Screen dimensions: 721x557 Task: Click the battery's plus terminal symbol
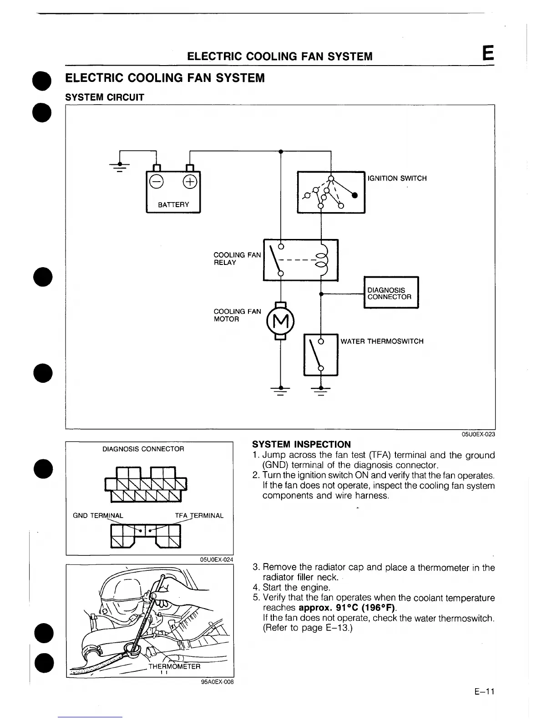(190, 181)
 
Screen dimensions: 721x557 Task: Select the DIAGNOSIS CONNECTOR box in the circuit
(391, 293)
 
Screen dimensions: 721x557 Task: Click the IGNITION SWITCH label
(397, 178)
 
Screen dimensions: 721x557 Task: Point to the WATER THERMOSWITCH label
(382, 341)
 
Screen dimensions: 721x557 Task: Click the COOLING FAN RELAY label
(237, 259)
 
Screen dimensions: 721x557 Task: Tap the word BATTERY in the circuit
(173, 205)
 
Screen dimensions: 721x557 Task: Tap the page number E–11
(484, 692)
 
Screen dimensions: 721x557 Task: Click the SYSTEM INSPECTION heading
(301, 444)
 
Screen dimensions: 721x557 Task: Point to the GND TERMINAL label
(98, 516)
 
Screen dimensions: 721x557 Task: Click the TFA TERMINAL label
(199, 516)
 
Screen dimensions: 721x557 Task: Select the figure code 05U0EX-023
(478, 434)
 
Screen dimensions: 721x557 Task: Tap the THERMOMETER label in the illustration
(174, 666)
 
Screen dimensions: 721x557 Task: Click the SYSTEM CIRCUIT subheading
(105, 97)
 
